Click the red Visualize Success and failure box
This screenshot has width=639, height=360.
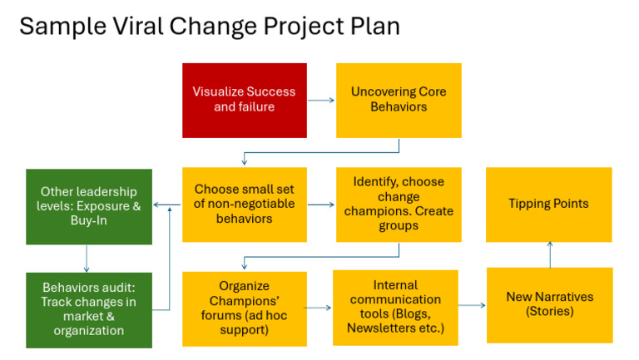(x=245, y=100)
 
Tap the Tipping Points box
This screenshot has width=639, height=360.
(x=548, y=205)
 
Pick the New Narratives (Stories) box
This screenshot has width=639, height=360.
(x=549, y=304)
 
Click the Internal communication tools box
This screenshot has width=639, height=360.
(x=395, y=308)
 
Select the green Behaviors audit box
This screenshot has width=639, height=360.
(x=89, y=309)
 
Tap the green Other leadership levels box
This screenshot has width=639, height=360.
(x=89, y=206)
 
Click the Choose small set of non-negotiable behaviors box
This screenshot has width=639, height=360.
(x=245, y=205)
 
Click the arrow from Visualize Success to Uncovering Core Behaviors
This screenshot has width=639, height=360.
(x=321, y=101)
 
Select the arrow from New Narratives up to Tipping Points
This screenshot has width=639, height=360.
(x=549, y=254)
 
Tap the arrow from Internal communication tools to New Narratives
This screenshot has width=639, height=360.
(x=472, y=306)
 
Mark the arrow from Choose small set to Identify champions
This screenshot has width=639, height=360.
(x=321, y=205)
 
